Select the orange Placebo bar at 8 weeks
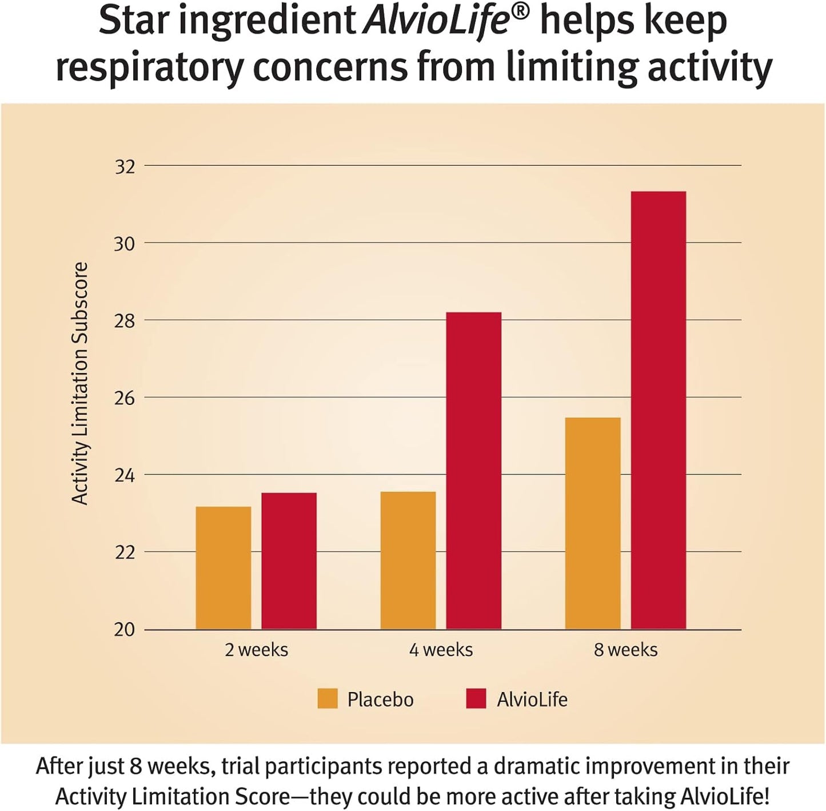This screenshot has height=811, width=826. [x=592, y=523]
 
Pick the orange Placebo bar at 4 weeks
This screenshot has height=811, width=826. [x=408, y=560]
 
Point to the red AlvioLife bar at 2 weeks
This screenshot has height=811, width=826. [x=289, y=561]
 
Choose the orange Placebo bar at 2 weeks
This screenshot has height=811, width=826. [x=223, y=568]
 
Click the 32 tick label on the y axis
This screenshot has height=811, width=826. [x=125, y=166]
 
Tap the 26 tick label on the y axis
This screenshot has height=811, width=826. [x=125, y=398]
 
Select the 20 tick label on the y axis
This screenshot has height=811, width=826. [x=125, y=630]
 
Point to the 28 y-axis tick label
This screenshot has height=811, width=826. [x=125, y=321]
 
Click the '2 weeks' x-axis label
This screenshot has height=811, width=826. [x=256, y=650]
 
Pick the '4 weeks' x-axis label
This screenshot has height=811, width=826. [x=441, y=650]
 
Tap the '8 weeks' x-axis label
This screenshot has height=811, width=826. [x=625, y=650]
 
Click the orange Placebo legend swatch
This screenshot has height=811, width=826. [x=328, y=698]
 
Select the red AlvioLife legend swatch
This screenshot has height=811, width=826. [x=476, y=698]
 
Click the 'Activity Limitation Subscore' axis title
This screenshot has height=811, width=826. [x=80, y=383]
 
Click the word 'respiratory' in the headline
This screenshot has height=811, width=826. [x=149, y=67]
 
